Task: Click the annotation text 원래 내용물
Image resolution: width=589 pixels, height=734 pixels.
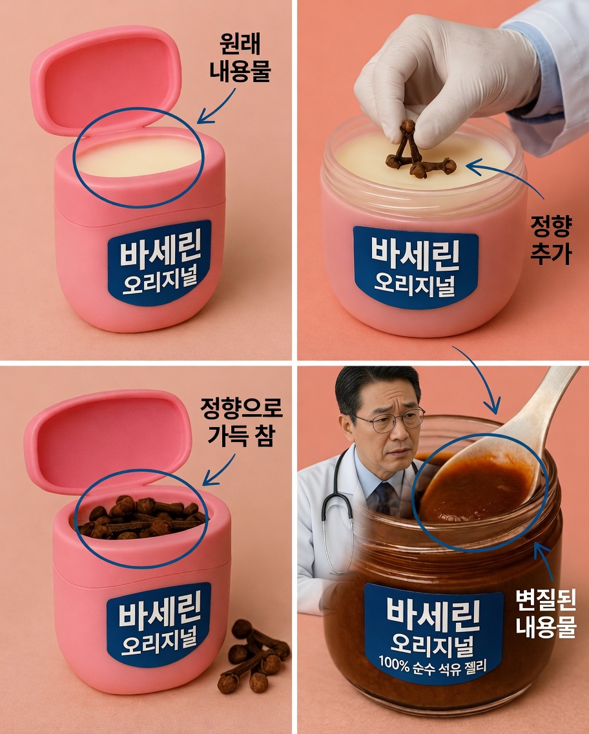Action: pyautogui.click(x=238, y=58)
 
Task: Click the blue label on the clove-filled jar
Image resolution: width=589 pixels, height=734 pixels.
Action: pyautogui.click(x=158, y=624)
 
